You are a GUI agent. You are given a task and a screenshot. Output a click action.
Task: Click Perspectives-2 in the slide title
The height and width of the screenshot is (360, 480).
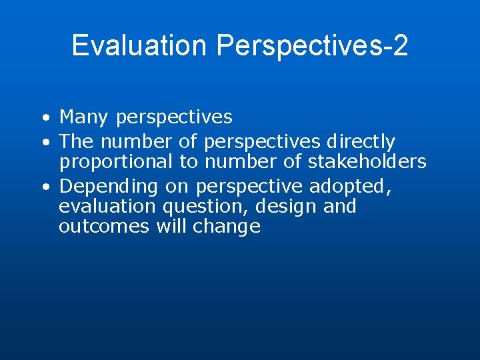pos(312,45)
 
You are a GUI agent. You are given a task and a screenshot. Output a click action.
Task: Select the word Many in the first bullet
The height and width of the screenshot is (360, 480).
pos(84,118)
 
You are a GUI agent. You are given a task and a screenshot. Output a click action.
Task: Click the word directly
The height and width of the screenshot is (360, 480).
pos(361,142)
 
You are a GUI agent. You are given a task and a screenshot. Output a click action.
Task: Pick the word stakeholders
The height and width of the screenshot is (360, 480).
pos(367,161)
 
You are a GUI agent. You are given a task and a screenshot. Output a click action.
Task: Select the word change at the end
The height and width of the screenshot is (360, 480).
pos(227,227)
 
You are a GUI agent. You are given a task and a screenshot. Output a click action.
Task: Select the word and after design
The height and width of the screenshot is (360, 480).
pos(340,207)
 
